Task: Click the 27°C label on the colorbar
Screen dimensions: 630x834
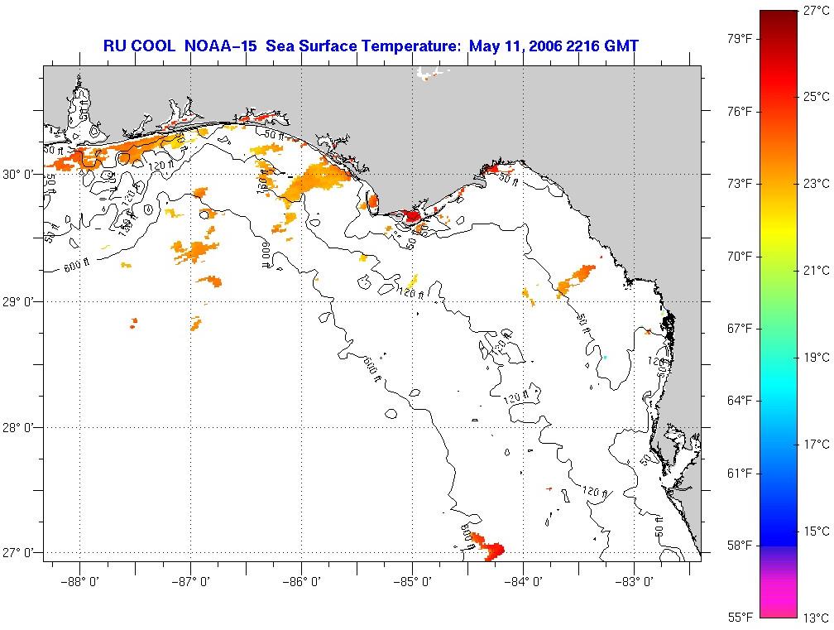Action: coord(814,10)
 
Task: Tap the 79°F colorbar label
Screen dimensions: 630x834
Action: coord(741,39)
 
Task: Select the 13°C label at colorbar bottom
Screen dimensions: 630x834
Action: coord(814,618)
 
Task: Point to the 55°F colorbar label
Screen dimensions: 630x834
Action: coord(741,618)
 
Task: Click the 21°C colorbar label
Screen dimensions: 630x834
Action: coord(814,271)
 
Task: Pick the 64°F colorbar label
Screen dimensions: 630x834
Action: coord(741,401)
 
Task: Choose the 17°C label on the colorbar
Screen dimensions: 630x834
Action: coord(814,445)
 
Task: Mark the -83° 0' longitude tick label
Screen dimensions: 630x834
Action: coord(634,582)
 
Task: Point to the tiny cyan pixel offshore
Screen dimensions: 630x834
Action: coord(605,357)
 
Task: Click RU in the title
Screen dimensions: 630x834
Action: coord(113,46)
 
